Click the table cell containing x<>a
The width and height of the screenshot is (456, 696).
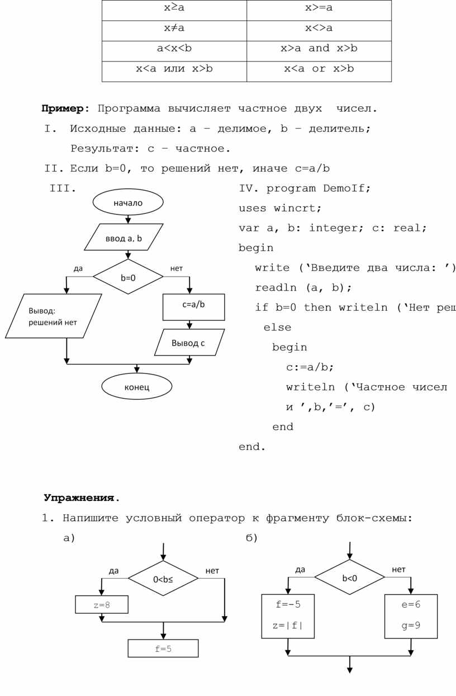pos(319,28)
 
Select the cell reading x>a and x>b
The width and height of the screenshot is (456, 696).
pos(319,49)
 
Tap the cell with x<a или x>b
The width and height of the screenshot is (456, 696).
pos(174,69)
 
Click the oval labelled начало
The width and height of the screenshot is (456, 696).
pos(128,202)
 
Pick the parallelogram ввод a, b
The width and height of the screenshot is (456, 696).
pos(124,238)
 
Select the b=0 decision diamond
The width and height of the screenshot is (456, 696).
pos(128,276)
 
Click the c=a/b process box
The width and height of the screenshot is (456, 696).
pos(193,306)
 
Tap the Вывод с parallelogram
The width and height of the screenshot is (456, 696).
pos(189,343)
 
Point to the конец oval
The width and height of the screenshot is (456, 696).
pos(137,386)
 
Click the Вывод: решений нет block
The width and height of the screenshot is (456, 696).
pos(53,316)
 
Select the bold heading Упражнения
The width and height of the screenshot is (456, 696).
pos(82,498)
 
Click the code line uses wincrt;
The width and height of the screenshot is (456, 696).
pos(280,209)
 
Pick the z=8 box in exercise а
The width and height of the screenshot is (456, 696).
pos(102,604)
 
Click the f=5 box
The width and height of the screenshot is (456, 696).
pos(163,648)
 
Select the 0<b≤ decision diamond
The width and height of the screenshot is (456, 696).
pos(163,579)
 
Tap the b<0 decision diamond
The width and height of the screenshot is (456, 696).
pos(350,577)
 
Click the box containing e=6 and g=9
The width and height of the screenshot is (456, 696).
pos(411,616)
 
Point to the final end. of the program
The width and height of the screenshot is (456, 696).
pos(252,447)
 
